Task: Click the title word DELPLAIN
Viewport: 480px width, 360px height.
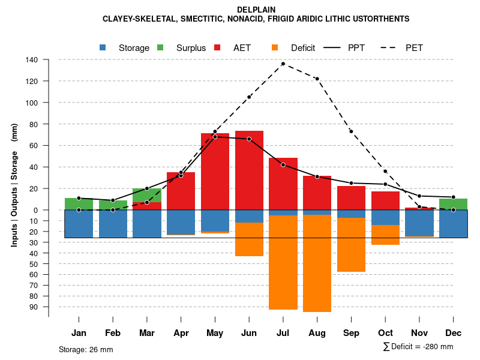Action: [256, 10]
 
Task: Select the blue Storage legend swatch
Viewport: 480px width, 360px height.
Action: [102, 47]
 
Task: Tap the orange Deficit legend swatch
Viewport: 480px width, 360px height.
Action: [275, 47]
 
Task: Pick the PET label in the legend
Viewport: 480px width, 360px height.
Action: [414, 47]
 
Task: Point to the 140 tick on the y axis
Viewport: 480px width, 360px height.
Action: [32, 60]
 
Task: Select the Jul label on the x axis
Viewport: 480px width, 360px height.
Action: [283, 333]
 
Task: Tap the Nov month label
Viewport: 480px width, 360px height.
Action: [419, 333]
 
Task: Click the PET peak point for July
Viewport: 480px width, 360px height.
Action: [283, 64]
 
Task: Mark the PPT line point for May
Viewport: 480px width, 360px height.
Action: [215, 137]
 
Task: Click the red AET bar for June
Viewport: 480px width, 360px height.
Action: [249, 171]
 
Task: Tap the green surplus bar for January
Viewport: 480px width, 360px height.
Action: [79, 204]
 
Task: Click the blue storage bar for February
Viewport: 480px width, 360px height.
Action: [113, 224]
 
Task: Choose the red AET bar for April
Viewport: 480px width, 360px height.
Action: [181, 191]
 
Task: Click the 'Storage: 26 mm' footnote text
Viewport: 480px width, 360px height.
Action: [86, 349]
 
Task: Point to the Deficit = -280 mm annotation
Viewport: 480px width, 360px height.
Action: [418, 346]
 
